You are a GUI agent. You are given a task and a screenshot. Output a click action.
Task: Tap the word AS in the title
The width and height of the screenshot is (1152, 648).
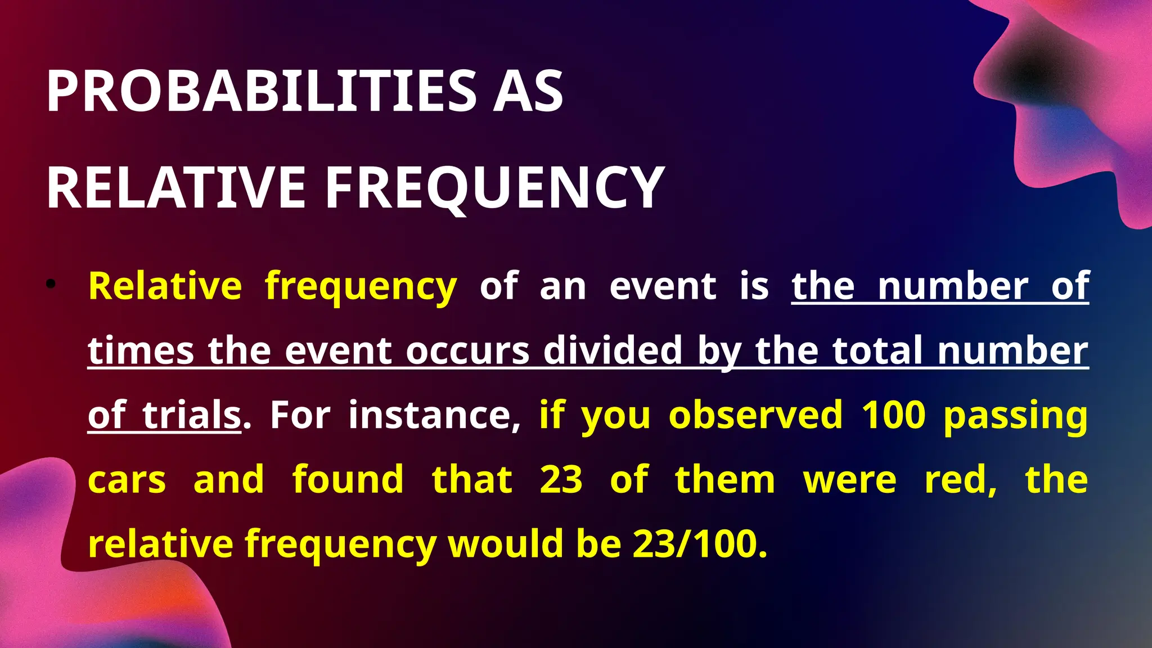pyautogui.click(x=528, y=91)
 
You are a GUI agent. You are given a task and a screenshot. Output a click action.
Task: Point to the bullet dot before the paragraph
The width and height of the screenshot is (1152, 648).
pyautogui.click(x=51, y=285)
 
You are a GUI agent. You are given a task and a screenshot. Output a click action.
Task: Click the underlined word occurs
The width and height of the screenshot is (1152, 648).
pyautogui.click(x=467, y=351)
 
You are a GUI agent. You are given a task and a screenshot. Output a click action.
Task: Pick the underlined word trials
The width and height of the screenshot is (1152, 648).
pyautogui.click(x=192, y=415)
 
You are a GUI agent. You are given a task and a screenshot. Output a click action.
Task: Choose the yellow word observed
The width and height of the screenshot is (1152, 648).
pyautogui.click(x=755, y=415)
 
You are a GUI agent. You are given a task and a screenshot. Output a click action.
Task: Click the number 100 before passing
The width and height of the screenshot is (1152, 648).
pyautogui.click(x=893, y=415)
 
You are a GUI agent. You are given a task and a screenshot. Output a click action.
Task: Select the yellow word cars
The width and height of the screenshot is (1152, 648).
pyautogui.click(x=127, y=480)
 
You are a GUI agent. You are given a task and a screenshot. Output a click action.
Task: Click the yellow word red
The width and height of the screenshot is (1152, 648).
pyautogui.click(x=960, y=480)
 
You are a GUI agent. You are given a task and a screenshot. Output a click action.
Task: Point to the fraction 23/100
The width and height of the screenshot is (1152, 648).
pyautogui.click(x=699, y=544)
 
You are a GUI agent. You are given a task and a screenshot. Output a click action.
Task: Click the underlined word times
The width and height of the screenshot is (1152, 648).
pyautogui.click(x=141, y=351)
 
